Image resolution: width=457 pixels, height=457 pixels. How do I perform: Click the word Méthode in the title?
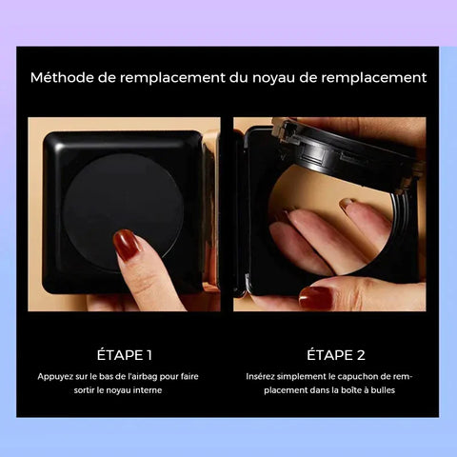pos(62,78)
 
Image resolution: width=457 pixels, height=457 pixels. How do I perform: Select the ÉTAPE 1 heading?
pos(125,355)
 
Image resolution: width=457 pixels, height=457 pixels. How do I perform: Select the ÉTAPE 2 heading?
pos(336,355)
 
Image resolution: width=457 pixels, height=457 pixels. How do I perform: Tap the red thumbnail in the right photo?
pos(316,297)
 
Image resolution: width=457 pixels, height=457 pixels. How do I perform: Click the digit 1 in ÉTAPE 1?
pos(149,355)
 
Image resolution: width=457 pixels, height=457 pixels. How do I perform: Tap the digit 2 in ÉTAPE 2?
pos(361,355)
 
